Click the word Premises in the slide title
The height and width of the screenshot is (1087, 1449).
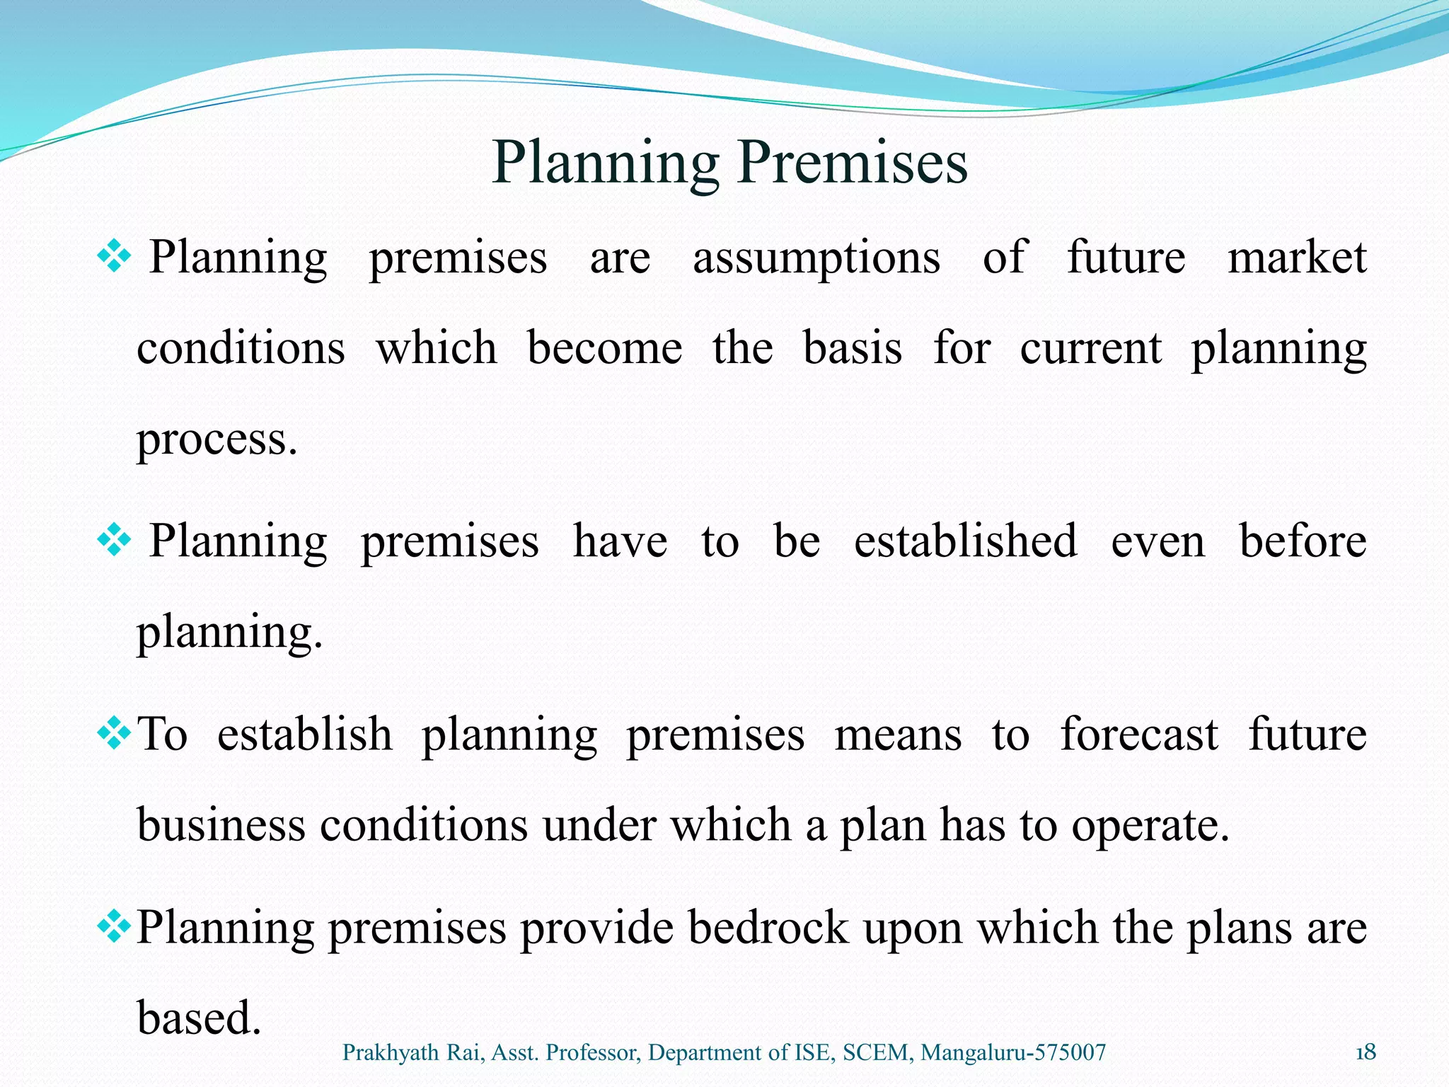tap(853, 163)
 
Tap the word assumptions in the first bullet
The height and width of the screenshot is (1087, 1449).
tap(816, 258)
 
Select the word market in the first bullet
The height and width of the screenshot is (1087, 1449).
tap(1296, 257)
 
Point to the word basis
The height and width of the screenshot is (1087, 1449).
tap(853, 348)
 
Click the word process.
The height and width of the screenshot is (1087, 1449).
tap(217, 440)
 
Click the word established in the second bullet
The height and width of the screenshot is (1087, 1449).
tap(965, 541)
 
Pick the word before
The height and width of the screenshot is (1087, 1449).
tap(1303, 541)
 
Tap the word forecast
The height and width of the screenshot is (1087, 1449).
tap(1138, 735)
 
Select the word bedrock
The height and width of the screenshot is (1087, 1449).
tap(768, 927)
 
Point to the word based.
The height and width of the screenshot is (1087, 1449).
tap(199, 1018)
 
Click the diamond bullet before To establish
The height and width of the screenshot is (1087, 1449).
tap(113, 734)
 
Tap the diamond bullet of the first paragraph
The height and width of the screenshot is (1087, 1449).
tap(113, 257)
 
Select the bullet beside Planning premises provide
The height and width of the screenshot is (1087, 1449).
tap(113, 927)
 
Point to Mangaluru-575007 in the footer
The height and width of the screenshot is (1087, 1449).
tap(1013, 1053)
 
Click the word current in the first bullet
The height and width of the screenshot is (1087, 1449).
tap(1090, 348)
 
